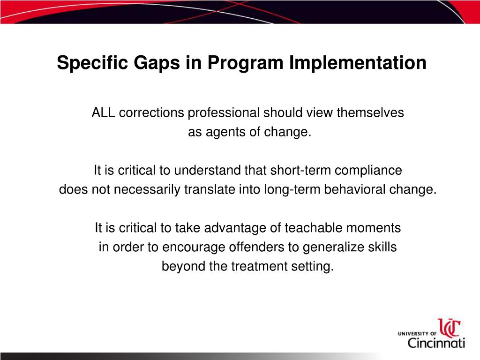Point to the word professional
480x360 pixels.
pos(224,113)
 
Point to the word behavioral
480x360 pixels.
pos(350,190)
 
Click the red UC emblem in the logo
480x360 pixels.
pos(449,328)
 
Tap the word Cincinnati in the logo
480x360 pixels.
pos(436,343)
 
